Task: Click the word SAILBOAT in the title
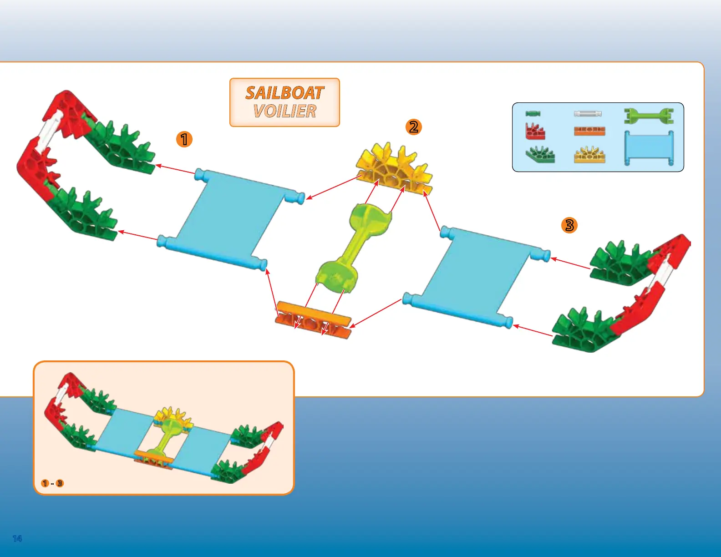tap(284, 93)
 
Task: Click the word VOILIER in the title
tap(284, 111)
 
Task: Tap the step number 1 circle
tap(184, 139)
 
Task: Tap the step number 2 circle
tap(414, 127)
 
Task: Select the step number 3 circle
tap(569, 225)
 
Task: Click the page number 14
tap(17, 539)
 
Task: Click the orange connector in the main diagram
tap(314, 320)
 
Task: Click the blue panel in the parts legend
tap(649, 148)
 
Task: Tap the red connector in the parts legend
tap(535, 131)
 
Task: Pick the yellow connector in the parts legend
tap(589, 155)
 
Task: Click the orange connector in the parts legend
tap(589, 131)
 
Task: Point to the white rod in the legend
tap(588, 114)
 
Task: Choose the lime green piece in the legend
tap(649, 116)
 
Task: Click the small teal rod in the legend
tap(533, 114)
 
